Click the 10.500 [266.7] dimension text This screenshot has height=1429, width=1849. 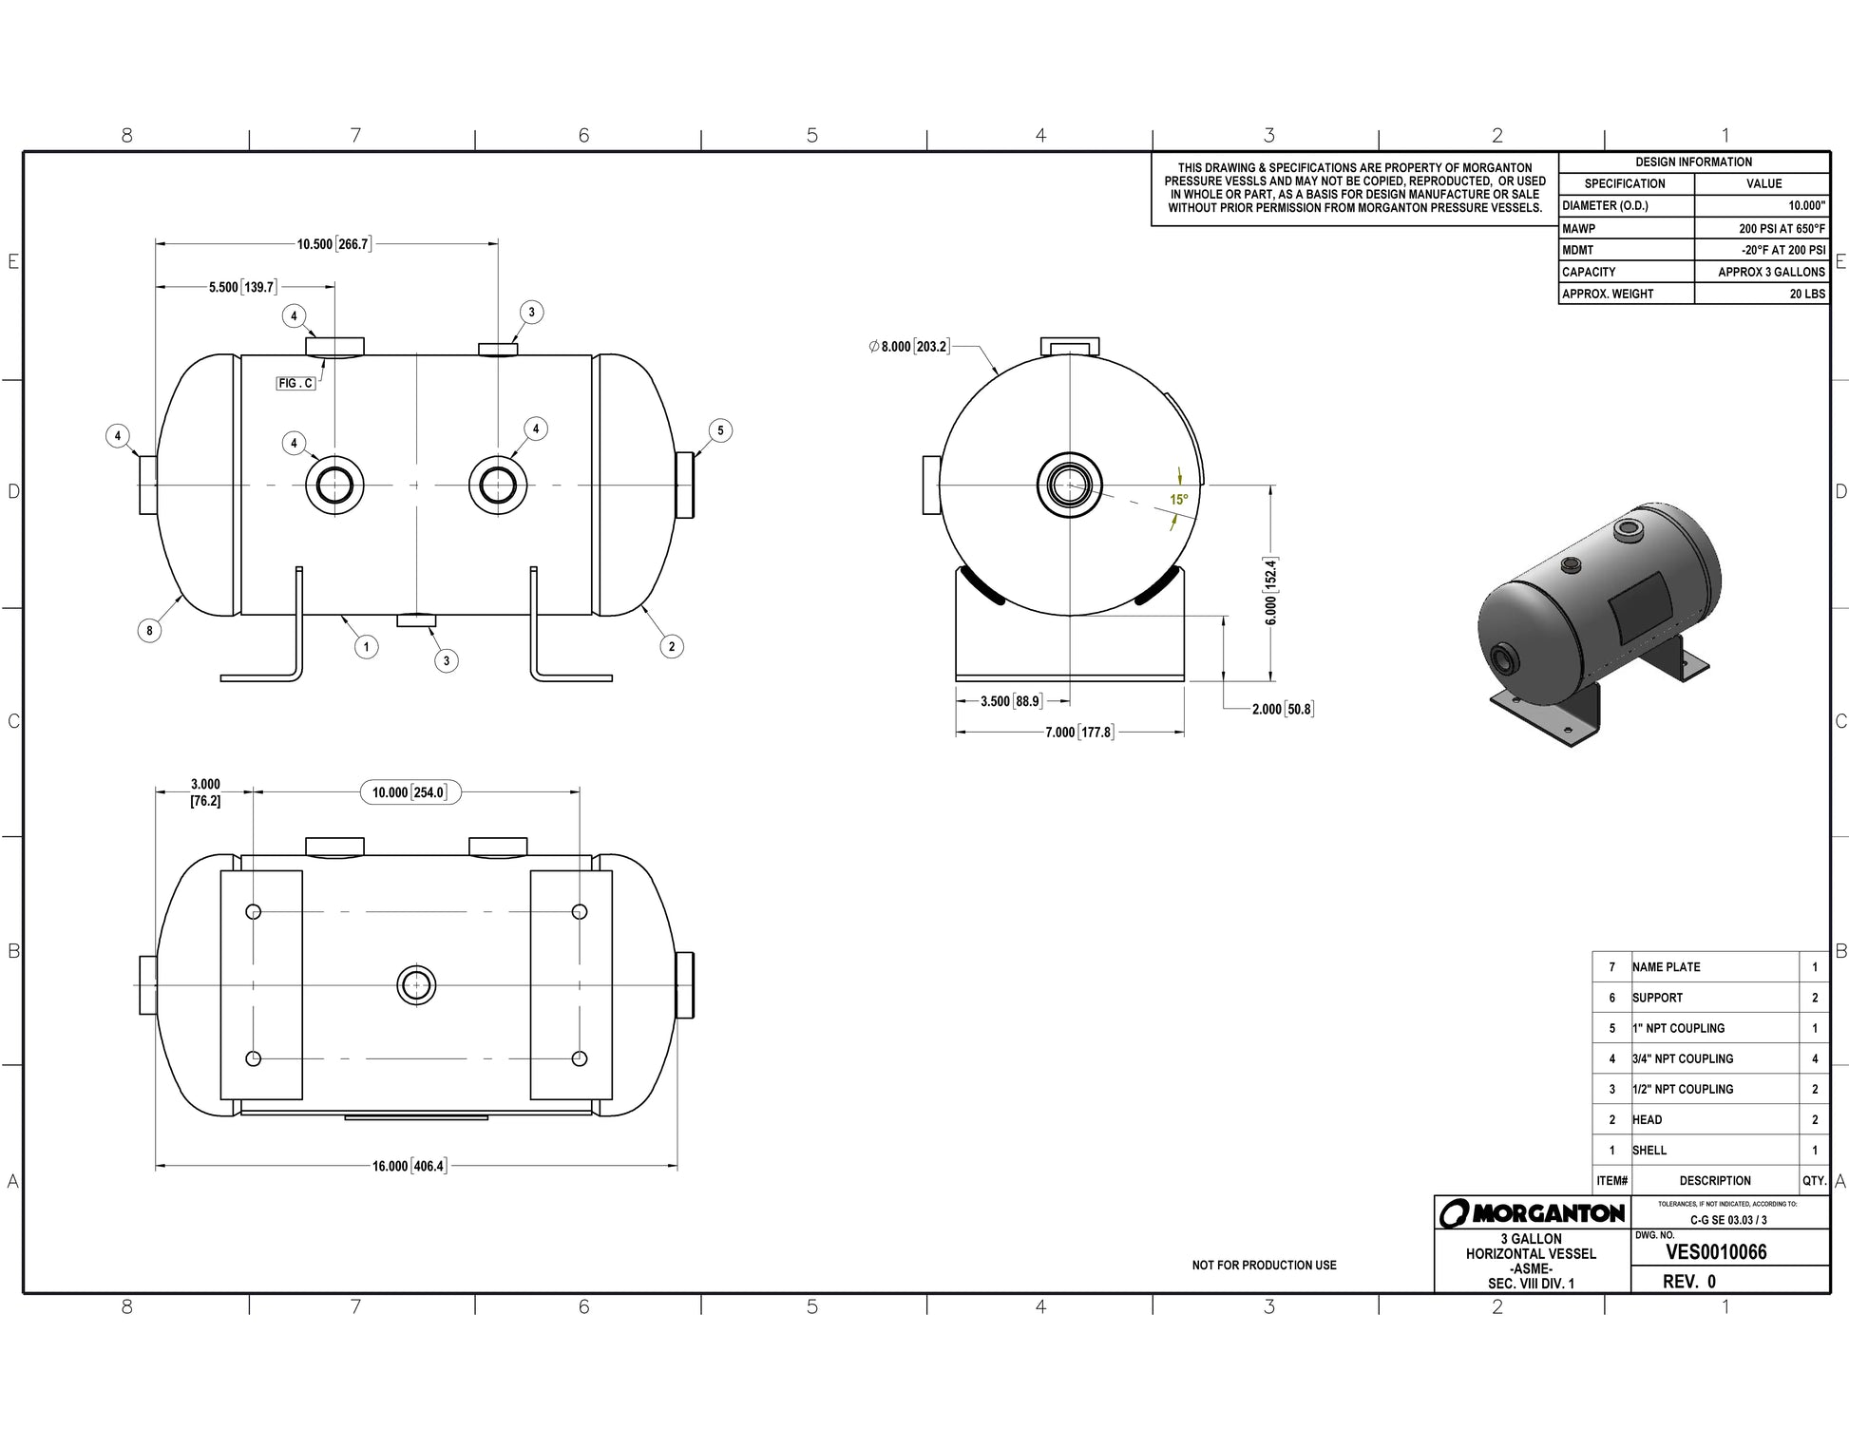(333, 244)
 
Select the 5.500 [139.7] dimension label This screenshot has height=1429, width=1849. (242, 287)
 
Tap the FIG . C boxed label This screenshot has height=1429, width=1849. (295, 383)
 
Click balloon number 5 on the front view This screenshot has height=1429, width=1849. (720, 430)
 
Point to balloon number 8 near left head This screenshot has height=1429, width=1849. (149, 630)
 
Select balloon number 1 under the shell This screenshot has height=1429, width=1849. (367, 647)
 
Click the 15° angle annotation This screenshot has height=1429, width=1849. (1178, 500)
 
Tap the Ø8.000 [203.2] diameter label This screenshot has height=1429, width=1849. (909, 347)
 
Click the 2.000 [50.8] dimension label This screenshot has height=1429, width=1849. (1283, 709)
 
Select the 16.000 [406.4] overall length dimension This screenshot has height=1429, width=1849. (409, 1166)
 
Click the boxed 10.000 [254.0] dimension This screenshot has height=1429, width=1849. (410, 792)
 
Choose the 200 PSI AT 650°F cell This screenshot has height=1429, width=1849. (1762, 228)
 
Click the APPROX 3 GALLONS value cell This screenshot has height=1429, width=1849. (1762, 272)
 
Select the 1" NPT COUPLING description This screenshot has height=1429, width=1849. (1679, 1028)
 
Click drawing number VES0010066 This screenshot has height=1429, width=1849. (1716, 1252)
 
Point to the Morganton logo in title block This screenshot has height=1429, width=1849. (1531, 1213)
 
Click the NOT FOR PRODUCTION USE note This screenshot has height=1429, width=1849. (1264, 1266)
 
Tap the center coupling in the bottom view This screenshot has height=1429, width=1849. (416, 985)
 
